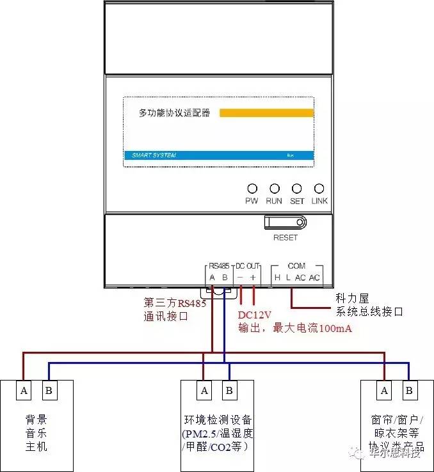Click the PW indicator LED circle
pyautogui.click(x=252, y=189)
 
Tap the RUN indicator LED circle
pyautogui.click(x=274, y=189)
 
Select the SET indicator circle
pyautogui.click(x=297, y=189)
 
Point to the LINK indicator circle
pyautogui.click(x=319, y=189)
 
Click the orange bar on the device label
pyautogui.click(x=266, y=113)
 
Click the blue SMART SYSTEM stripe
pyautogui.click(x=218, y=155)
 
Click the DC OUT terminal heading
pyautogui.click(x=248, y=265)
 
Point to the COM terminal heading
pyautogui.click(x=296, y=265)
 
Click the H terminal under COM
pyautogui.click(x=277, y=277)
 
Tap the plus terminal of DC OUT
pyautogui.click(x=253, y=277)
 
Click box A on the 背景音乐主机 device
pyautogui.click(x=24, y=389)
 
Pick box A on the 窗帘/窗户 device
pyautogui.click(x=384, y=389)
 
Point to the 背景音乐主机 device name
pyautogui.click(x=36, y=433)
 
